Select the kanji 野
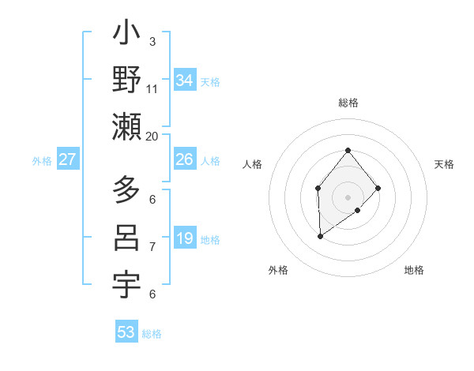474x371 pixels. [x=127, y=80]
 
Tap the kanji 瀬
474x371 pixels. [x=127, y=127]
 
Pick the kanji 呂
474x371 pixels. [x=127, y=238]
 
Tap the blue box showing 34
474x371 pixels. [x=184, y=81]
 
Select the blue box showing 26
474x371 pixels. [x=184, y=159]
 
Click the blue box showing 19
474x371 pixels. [x=184, y=238]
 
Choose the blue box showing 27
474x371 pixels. [x=67, y=159]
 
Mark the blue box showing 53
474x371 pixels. [x=126, y=332]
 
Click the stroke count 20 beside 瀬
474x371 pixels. [x=152, y=136]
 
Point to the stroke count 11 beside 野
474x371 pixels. [x=152, y=88]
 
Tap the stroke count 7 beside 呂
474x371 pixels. [x=152, y=246]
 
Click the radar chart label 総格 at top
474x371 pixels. [x=348, y=103]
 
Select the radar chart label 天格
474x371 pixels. [x=444, y=164]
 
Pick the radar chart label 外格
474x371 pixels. [x=278, y=270]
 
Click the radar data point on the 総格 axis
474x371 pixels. [x=348, y=151]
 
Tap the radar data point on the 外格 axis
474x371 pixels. [x=320, y=235]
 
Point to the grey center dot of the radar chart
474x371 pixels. [x=348, y=197]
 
